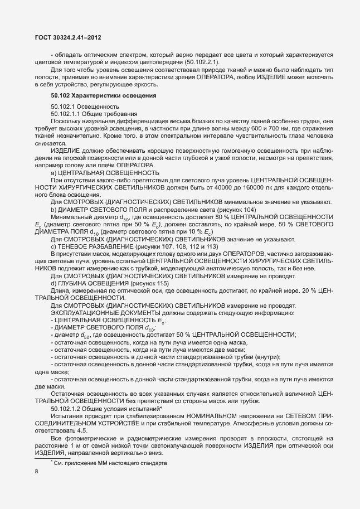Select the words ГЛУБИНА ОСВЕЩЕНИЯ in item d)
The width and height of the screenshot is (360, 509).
93,283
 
